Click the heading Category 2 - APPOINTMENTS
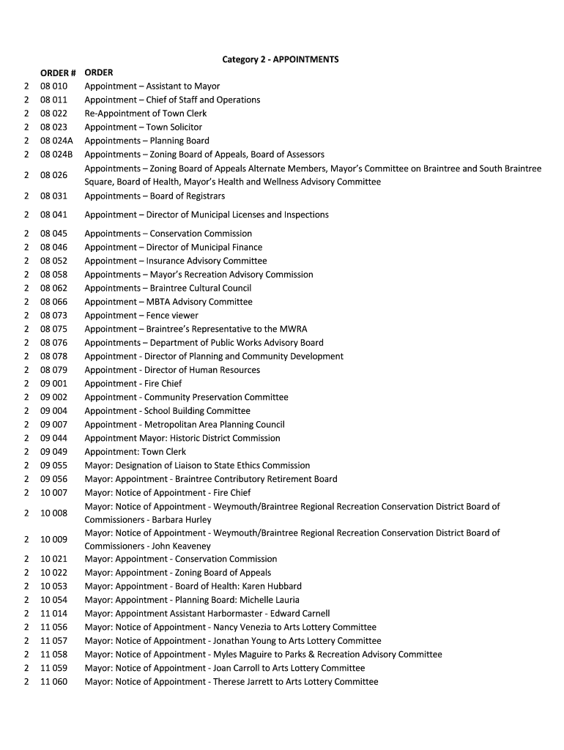pyautogui.click(x=281, y=59)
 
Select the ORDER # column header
pyautogui.click(x=59, y=73)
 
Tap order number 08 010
pyautogui.click(x=53, y=86)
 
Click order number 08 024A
pyautogui.click(x=56, y=141)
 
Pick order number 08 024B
pyautogui.click(x=56, y=155)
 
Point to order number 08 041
pyautogui.click(x=53, y=215)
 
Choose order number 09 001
pyautogui.click(x=53, y=383)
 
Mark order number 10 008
pyautogui.click(x=53, y=513)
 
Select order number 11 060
pyautogui.click(x=53, y=682)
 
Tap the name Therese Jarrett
pyautogui.click(x=241, y=682)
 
